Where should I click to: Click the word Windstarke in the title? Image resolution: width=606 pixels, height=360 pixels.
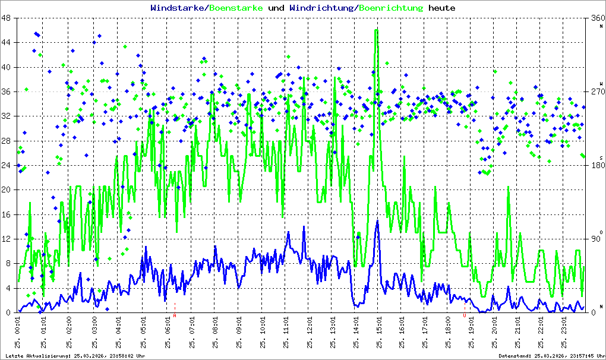point(177,8)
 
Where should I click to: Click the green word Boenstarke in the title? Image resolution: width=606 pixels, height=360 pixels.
point(236,8)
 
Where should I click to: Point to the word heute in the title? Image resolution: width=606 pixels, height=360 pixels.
point(442,8)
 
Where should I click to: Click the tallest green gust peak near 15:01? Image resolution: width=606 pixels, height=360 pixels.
point(376,31)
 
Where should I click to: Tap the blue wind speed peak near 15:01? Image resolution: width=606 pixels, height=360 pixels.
point(377,221)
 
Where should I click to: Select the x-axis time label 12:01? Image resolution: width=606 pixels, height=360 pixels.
point(310,333)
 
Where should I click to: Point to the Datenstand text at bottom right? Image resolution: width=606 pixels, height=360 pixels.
point(550,355)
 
